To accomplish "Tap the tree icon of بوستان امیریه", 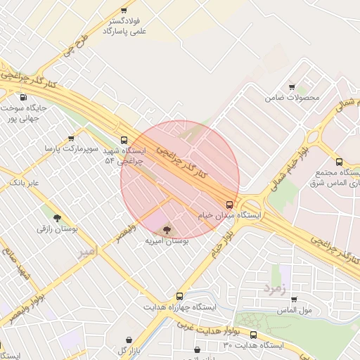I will [x=167, y=229].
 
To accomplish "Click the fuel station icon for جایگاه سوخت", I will [x=24, y=98].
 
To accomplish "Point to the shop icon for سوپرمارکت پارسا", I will [x=71, y=139].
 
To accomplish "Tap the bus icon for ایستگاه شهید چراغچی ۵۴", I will [x=124, y=140].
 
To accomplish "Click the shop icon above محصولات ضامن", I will [x=292, y=87].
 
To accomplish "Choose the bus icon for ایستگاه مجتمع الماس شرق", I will [x=340, y=162].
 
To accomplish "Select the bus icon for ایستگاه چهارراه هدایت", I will [x=179, y=297].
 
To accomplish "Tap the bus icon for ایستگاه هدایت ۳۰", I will [x=253, y=335].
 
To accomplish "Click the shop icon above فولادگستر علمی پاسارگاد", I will [x=124, y=11].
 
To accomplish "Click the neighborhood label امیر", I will [x=84, y=251].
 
